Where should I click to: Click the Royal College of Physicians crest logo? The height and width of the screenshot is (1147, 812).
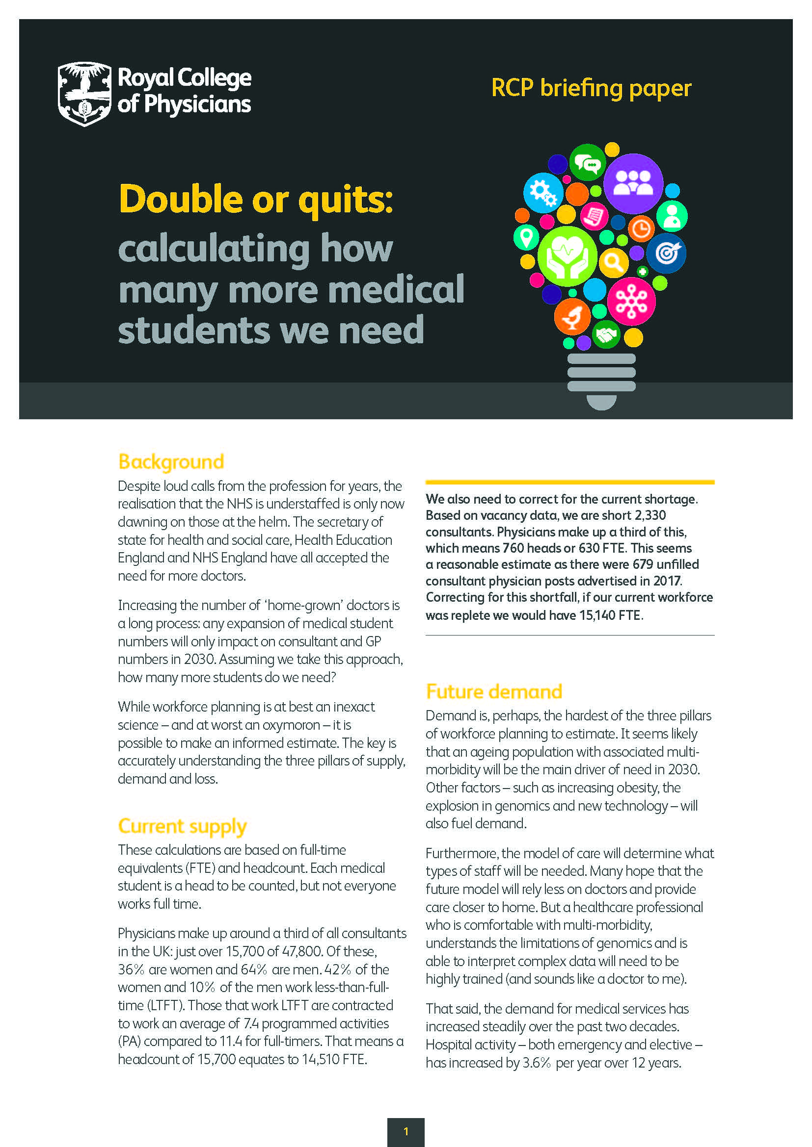pyautogui.click(x=84, y=94)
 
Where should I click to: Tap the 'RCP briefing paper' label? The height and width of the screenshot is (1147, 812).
pyautogui.click(x=591, y=88)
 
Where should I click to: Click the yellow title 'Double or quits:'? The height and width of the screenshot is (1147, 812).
pyautogui.click(x=256, y=199)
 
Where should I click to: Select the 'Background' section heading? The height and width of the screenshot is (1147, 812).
pyautogui.click(x=171, y=462)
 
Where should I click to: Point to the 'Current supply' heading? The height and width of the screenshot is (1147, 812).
pyautogui.click(x=183, y=826)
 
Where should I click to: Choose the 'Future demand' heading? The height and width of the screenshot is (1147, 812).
pyautogui.click(x=494, y=692)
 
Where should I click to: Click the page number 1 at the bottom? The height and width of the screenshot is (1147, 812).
pyautogui.click(x=406, y=1131)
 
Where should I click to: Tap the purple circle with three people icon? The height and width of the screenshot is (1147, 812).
pyautogui.click(x=633, y=183)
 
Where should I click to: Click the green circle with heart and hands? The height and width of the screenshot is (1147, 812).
pyautogui.click(x=567, y=256)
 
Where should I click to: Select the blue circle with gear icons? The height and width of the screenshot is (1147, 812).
pyautogui.click(x=543, y=193)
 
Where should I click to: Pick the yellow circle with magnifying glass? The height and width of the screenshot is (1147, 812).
pyautogui.click(x=614, y=262)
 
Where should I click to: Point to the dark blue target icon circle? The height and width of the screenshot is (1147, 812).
pyautogui.click(x=666, y=253)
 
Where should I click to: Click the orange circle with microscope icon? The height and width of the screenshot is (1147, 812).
pyautogui.click(x=572, y=316)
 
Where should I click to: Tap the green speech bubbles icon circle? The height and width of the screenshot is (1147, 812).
pyautogui.click(x=587, y=163)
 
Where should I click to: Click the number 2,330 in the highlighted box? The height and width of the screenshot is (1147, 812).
pyautogui.click(x=649, y=515)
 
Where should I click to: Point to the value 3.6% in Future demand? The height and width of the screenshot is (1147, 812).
pyautogui.click(x=536, y=1062)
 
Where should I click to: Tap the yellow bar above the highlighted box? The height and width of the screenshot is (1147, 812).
pyautogui.click(x=569, y=482)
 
